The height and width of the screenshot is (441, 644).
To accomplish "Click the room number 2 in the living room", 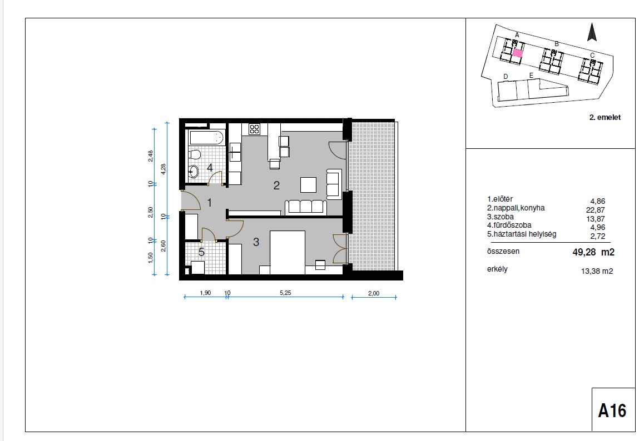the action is pyautogui.click(x=276, y=186).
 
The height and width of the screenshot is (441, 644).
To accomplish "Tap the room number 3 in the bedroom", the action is pyautogui.click(x=256, y=242).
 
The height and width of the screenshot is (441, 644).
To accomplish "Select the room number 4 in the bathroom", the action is pyautogui.click(x=210, y=168).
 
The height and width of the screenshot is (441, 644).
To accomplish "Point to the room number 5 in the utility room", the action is pyautogui.click(x=201, y=252).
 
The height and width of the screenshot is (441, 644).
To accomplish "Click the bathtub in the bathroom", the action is pyautogui.click(x=206, y=137).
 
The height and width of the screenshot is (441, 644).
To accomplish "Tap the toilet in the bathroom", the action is pyautogui.click(x=194, y=154).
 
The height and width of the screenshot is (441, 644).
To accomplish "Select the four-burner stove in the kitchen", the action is pyautogui.click(x=254, y=129).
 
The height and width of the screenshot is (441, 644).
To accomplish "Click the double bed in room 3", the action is pyautogui.click(x=288, y=252).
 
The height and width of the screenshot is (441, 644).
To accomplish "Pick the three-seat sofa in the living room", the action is pyautogui.click(x=305, y=207).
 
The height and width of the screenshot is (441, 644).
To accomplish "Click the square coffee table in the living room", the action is pyautogui.click(x=308, y=184).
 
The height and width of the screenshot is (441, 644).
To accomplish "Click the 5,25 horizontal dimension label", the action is pyautogui.click(x=285, y=293).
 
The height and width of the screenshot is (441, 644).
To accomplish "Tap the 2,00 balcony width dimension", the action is pyautogui.click(x=374, y=293).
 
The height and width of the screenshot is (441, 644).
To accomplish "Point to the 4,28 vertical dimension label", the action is pyautogui.click(x=164, y=169).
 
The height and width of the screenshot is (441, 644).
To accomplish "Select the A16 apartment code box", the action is pyautogui.click(x=613, y=409).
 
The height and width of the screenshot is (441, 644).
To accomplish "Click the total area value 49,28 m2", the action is pyautogui.click(x=593, y=252).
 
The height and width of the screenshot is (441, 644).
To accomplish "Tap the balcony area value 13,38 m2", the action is pyautogui.click(x=597, y=271).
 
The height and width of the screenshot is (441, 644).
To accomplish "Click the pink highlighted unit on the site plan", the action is pyautogui.click(x=518, y=53).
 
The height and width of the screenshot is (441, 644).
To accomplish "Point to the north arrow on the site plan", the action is pyautogui.click(x=592, y=32).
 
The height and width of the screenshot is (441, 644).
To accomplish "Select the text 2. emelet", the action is pyautogui.click(x=605, y=117).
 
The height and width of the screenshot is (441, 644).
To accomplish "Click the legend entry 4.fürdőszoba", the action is pyautogui.click(x=509, y=225).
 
